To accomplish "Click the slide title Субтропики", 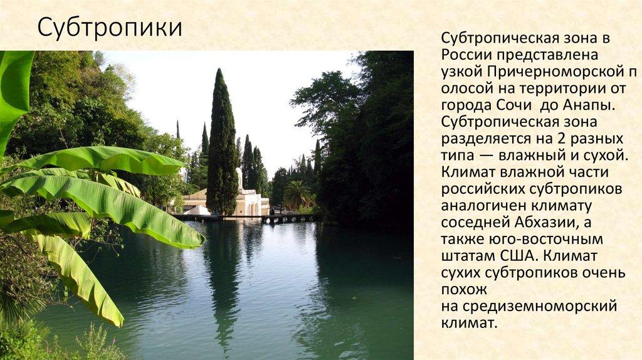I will [x=110, y=28].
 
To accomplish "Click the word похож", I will [x=463, y=290].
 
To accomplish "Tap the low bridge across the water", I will [x=245, y=218].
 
